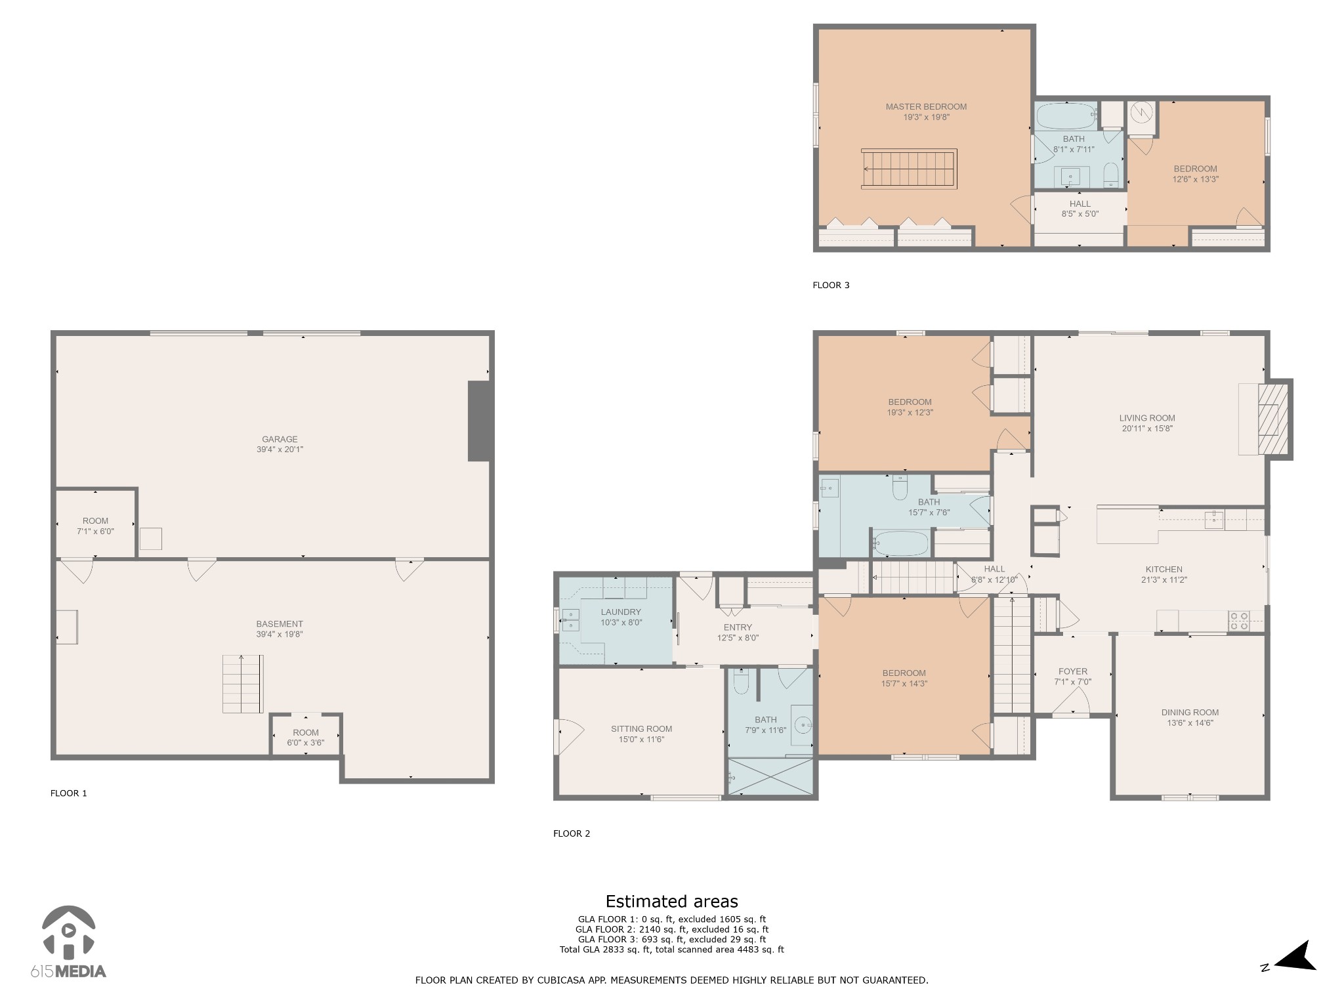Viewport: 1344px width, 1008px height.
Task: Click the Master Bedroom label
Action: click(926, 107)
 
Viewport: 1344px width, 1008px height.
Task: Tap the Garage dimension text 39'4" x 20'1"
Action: click(280, 450)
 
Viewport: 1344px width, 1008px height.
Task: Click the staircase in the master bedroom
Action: click(909, 169)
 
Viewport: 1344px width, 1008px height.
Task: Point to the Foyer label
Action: click(1072, 671)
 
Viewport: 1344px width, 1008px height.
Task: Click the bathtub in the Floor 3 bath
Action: click(1067, 117)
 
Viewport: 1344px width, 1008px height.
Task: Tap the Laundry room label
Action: click(620, 612)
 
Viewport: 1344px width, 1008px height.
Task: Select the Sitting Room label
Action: click(641, 729)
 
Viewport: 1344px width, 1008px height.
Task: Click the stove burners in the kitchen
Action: click(1239, 621)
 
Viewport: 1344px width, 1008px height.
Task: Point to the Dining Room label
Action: click(1190, 713)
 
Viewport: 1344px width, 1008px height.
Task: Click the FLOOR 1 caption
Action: click(69, 793)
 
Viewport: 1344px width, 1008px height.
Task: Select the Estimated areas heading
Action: click(671, 902)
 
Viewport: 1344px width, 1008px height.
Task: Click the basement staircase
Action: click(242, 684)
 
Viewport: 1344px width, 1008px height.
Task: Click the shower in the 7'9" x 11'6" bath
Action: click(770, 777)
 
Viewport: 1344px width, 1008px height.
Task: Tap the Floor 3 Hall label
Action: click(1080, 204)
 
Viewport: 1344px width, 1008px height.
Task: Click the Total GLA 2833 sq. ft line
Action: click(671, 950)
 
